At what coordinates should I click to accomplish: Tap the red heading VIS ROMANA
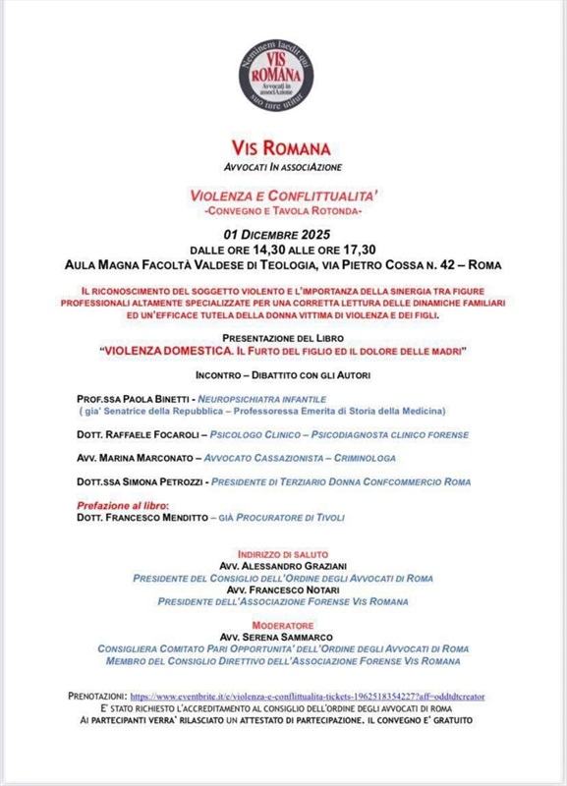pos(283,149)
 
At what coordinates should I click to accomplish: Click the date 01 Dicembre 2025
pos(283,235)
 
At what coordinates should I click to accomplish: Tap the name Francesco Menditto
pos(161,517)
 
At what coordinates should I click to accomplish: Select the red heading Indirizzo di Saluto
pos(283,554)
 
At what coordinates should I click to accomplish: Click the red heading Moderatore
pos(283,625)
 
